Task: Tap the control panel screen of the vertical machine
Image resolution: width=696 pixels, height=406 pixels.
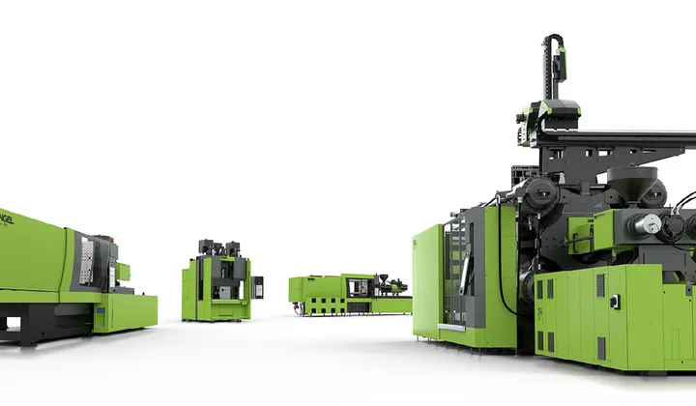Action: [x=257, y=287]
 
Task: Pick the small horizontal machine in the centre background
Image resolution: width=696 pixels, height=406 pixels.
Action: [x=348, y=293]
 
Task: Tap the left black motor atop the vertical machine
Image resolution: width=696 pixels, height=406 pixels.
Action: [x=206, y=247]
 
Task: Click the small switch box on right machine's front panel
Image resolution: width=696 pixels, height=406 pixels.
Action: [x=615, y=302]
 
